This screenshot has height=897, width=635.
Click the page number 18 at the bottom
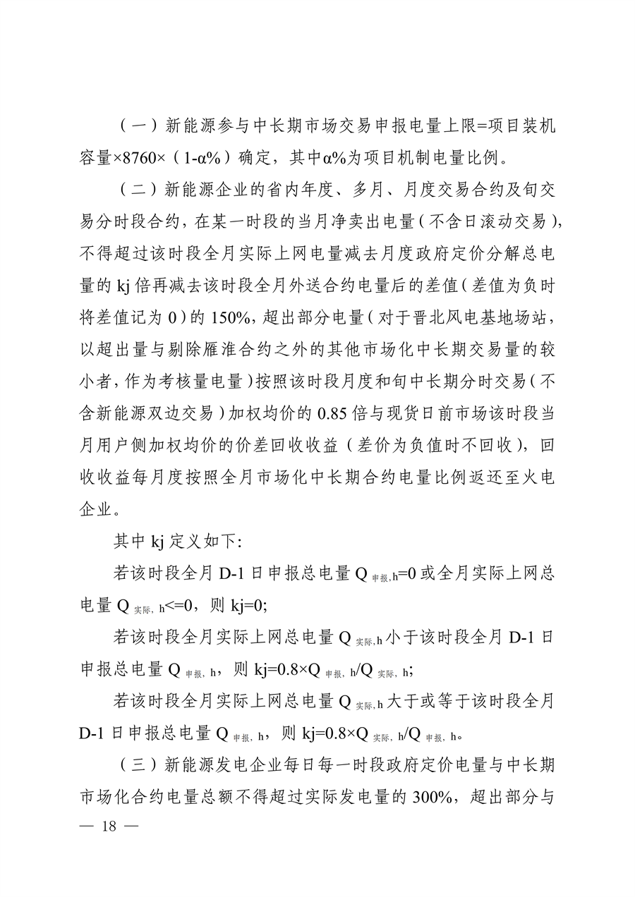pyautogui.click(x=108, y=827)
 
